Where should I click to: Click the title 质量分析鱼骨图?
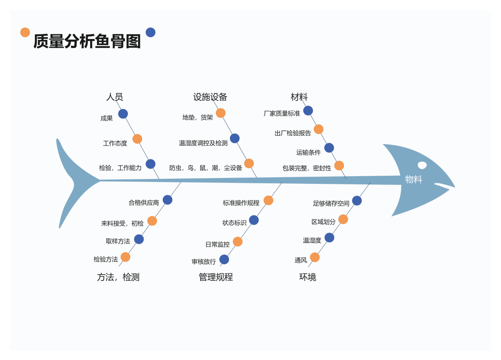pyautogui.click(x=87, y=41)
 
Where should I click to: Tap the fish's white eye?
pyautogui.click(x=422, y=165)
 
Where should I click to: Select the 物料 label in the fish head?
pyautogui.click(x=414, y=179)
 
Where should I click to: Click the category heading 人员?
pyautogui.click(x=114, y=97)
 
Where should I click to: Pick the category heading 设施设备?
pyautogui.click(x=210, y=97)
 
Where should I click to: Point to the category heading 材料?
pyautogui.click(x=299, y=97)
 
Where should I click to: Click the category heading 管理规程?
pyautogui.click(x=216, y=277)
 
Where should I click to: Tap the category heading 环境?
pyautogui.click(x=307, y=277)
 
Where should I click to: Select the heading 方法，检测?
pyautogui.click(x=118, y=277)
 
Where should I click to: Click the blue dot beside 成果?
pyautogui.click(x=123, y=114)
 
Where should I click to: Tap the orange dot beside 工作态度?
pyautogui.click(x=137, y=139)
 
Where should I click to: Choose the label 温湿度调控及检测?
pyautogui.click(x=203, y=143)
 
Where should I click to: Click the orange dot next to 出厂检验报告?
pyautogui.click(x=318, y=129)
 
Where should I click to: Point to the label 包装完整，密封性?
pyautogui.click(x=307, y=168)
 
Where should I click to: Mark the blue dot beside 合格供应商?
pyautogui.click(x=168, y=200)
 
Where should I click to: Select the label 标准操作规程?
pyautogui.click(x=241, y=203)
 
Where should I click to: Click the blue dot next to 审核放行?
pyautogui.click(x=224, y=259)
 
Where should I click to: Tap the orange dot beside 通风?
pyautogui.click(x=315, y=257)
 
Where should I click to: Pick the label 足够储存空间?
pyautogui.click(x=331, y=203)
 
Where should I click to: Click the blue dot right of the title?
pyautogui.click(x=150, y=32)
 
